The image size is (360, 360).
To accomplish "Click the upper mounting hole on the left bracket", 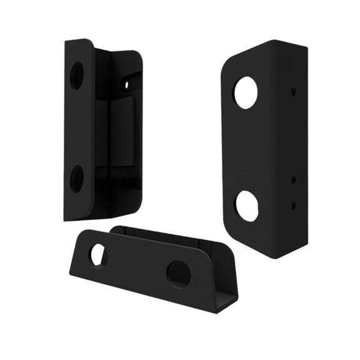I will [76, 75].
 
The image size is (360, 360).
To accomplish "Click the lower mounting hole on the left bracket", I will [77, 179].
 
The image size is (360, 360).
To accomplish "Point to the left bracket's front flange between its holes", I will [78, 128].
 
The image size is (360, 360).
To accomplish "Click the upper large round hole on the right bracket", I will [245, 92].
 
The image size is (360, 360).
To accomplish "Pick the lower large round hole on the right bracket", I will [246, 206].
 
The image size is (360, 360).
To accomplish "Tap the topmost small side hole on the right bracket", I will [293, 91].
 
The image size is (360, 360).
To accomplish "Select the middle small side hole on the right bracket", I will [293, 180].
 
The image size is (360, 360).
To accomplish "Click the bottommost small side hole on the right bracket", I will [293, 204].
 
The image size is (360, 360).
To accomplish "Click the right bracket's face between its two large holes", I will [246, 150].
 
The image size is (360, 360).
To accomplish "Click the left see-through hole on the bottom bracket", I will [98, 255].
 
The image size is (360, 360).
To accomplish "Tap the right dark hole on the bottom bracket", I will [178, 274].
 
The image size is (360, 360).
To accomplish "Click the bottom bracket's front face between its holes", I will [137, 266].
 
